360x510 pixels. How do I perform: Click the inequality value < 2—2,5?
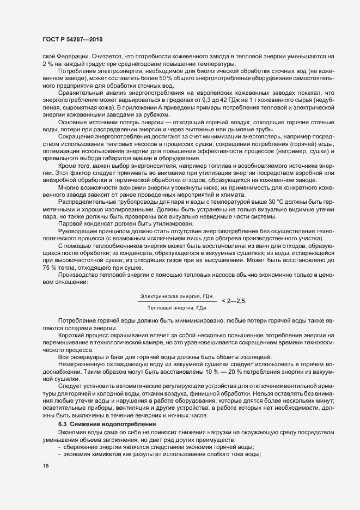tap(237, 300)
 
